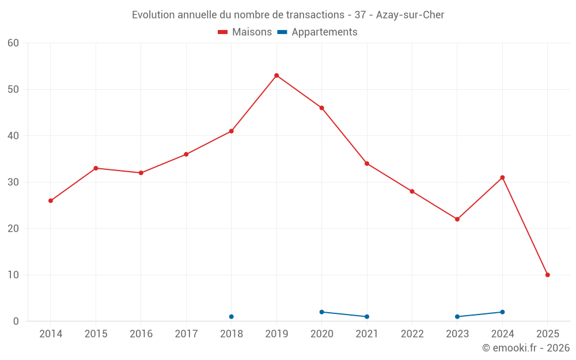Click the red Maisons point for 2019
(x=276, y=75)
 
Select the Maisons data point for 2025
(x=547, y=275)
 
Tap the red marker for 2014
(x=51, y=200)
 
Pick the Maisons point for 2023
(x=457, y=219)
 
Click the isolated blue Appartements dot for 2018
(x=232, y=316)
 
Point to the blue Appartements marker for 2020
(x=321, y=312)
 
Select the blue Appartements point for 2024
(x=502, y=312)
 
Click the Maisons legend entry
(x=245, y=32)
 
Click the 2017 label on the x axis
(x=186, y=334)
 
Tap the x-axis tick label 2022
(x=412, y=334)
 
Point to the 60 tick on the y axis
(x=13, y=43)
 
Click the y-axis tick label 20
(x=13, y=229)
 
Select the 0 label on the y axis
(x=16, y=321)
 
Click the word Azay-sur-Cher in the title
(x=410, y=15)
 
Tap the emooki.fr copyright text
(x=525, y=348)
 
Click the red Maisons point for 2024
(x=502, y=177)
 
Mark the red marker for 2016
(x=141, y=173)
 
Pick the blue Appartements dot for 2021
(x=367, y=316)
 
